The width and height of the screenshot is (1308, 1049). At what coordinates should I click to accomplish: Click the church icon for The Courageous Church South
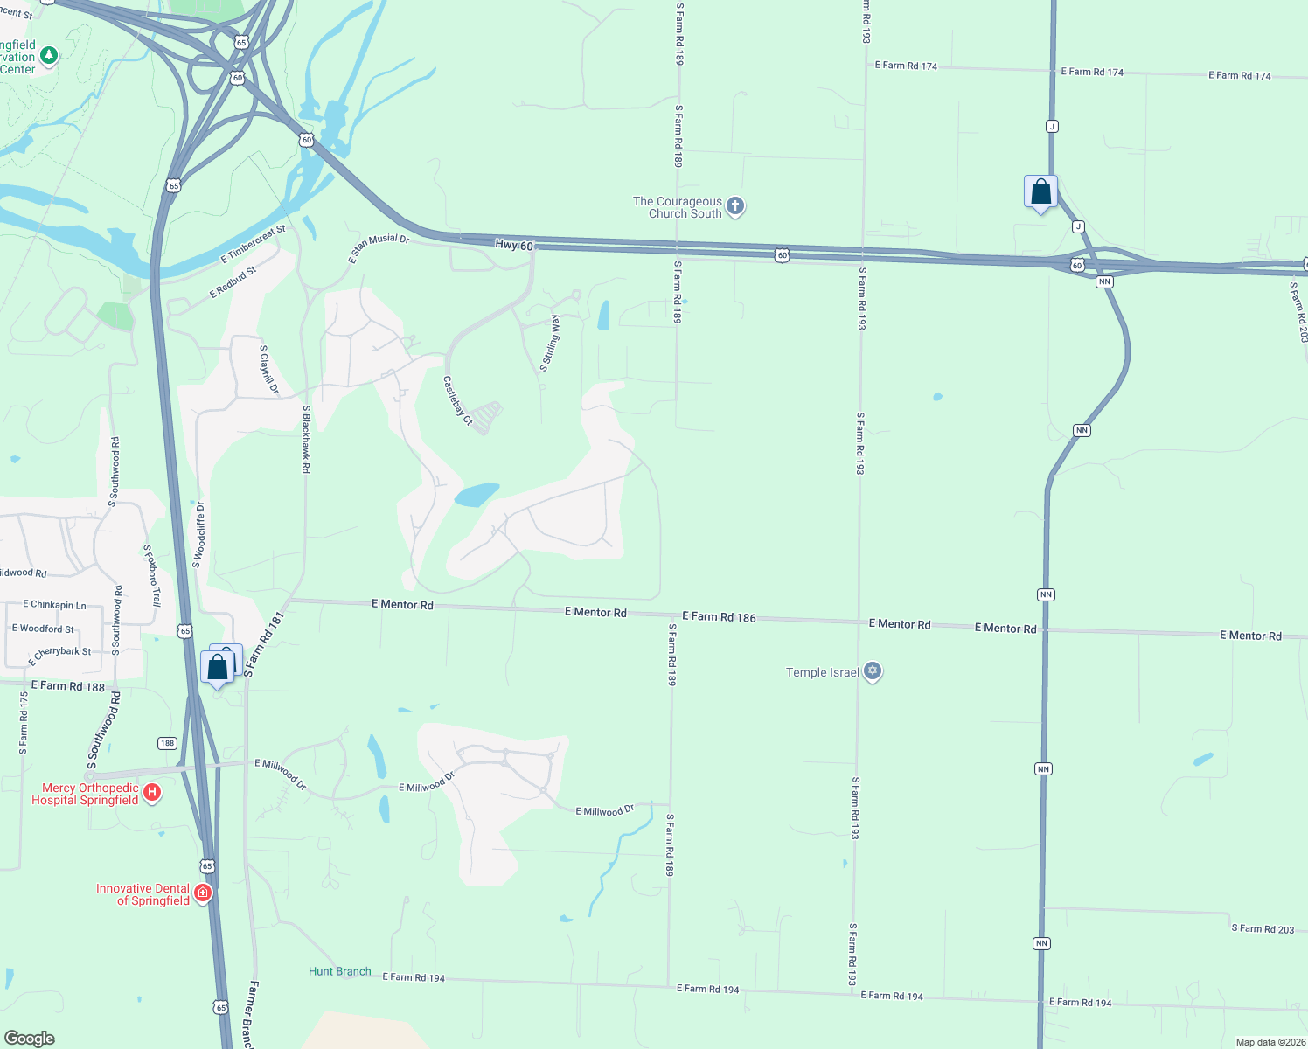[735, 206]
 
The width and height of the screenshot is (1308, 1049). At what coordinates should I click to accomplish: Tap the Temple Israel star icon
[872, 671]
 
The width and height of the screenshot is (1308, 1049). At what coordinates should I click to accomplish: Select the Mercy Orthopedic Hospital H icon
[152, 793]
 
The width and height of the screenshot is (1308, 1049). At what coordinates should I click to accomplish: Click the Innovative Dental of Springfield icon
[203, 893]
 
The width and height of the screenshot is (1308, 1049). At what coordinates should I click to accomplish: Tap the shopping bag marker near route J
[1040, 192]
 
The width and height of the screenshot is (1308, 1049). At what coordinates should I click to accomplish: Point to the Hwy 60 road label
[514, 246]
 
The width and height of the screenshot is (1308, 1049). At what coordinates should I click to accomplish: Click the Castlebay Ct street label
[457, 400]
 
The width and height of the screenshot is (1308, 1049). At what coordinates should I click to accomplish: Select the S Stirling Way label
[550, 344]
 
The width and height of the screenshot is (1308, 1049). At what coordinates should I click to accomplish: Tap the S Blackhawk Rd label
[306, 439]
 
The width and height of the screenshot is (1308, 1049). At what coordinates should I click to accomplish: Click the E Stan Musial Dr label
[379, 247]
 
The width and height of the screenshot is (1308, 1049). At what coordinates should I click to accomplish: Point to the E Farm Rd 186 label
[719, 616]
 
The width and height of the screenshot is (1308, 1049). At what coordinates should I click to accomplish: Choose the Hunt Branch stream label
[339, 971]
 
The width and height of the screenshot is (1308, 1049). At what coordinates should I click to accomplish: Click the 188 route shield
[167, 743]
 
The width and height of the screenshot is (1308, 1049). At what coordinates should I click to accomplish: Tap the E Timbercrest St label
[254, 244]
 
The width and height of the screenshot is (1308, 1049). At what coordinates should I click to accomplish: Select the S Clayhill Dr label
[269, 370]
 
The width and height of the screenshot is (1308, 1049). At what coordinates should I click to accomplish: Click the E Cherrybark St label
[59, 655]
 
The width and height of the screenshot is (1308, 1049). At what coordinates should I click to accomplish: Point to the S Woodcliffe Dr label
[199, 535]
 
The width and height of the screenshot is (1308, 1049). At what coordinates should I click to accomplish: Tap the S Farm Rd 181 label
[264, 645]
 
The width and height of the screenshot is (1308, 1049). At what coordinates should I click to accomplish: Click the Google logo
[30, 1038]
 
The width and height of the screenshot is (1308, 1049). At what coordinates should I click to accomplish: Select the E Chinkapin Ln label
[55, 604]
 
